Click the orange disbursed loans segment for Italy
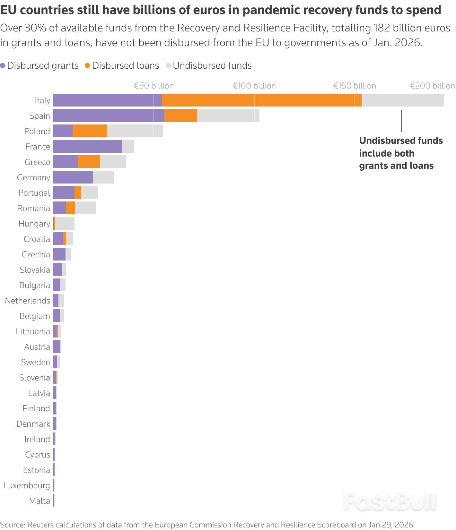(x=261, y=100)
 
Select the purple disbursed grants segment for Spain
(x=109, y=115)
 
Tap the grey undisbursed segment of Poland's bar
(x=135, y=131)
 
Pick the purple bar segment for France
(x=87, y=146)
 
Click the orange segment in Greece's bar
(x=89, y=162)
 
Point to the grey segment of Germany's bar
(x=104, y=177)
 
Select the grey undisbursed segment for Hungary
(x=65, y=223)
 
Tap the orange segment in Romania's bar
(x=71, y=208)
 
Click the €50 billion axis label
(x=153, y=86)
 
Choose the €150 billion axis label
(x=355, y=86)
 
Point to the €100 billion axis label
(x=254, y=86)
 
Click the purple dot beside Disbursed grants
(x=3, y=65)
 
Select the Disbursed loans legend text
(x=126, y=65)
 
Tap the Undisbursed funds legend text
(x=212, y=65)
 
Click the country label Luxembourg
(x=27, y=485)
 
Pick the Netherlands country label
(x=28, y=301)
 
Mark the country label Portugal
(x=34, y=193)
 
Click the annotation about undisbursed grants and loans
(x=401, y=153)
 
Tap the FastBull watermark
(x=390, y=501)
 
